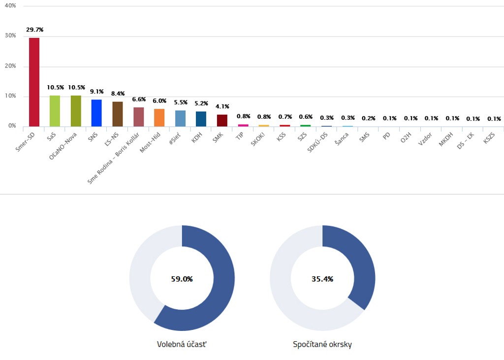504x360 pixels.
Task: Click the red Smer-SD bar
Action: [x=34, y=82]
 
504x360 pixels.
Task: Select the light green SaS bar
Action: [x=55, y=111]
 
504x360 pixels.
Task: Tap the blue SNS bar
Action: [x=96, y=113]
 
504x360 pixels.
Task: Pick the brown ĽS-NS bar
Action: [x=118, y=114]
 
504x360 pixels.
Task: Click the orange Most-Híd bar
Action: [x=159, y=117]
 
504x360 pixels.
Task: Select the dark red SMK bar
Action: [x=222, y=120]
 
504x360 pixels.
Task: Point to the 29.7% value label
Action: [x=34, y=30]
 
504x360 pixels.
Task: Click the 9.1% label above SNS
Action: [x=96, y=91]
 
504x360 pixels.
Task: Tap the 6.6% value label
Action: [x=139, y=99]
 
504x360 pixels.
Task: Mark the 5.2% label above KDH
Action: [x=201, y=103]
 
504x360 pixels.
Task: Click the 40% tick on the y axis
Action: [x=10, y=6]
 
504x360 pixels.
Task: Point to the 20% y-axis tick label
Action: [x=10, y=66]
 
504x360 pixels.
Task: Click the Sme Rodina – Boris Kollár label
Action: [x=113, y=158]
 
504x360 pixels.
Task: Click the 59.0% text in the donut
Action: [x=182, y=279]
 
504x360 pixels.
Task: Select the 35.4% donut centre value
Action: [x=322, y=279]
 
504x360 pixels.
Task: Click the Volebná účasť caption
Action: [x=182, y=344]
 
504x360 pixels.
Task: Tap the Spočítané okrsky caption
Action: [x=322, y=344]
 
